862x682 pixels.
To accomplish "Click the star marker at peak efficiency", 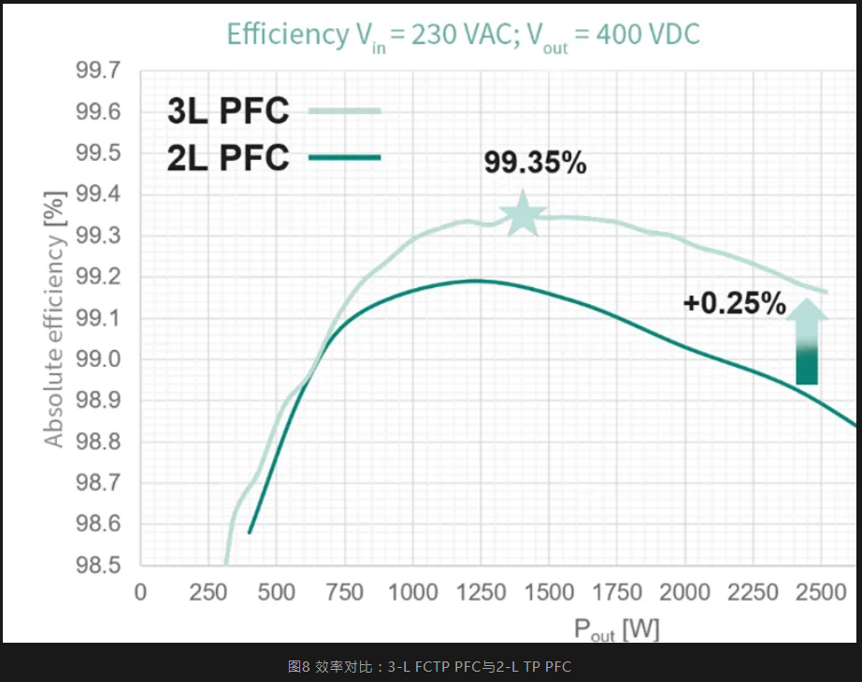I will [x=523, y=214].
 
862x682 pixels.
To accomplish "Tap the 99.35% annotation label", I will [x=535, y=163].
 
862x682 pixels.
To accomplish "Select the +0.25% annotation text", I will [x=734, y=304].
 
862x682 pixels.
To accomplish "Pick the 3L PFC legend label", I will [x=228, y=111].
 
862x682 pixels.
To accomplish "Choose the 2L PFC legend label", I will [x=228, y=157].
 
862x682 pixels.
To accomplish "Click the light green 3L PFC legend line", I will [x=344, y=111].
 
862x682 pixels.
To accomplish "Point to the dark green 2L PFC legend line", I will [x=344, y=157].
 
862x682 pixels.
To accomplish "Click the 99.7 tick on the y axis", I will [x=97, y=71].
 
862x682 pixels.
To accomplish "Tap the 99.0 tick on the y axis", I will [x=97, y=359].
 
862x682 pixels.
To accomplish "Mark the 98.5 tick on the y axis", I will [x=97, y=565].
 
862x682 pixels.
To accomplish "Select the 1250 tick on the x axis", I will [x=481, y=593].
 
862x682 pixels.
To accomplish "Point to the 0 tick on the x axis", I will [x=141, y=593].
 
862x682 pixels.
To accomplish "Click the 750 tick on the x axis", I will [x=345, y=593].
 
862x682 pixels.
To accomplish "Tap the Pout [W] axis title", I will [x=616, y=630].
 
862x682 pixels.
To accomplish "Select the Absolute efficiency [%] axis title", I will [x=55, y=319].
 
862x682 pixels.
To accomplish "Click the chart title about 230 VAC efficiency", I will [x=463, y=35].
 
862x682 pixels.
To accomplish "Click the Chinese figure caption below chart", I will [x=430, y=666].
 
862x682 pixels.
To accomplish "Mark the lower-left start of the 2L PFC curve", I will [x=250, y=532].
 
